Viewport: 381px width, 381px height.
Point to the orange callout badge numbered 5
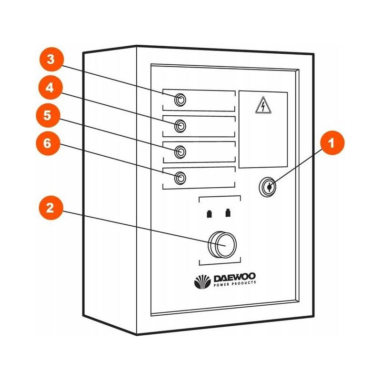point(50,116)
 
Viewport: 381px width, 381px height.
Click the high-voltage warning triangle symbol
point(262,105)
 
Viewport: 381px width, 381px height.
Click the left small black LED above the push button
point(209,213)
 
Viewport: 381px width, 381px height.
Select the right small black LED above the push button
point(228,212)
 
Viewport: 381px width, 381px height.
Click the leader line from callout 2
point(143,229)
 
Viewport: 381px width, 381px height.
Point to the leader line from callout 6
point(119,162)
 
